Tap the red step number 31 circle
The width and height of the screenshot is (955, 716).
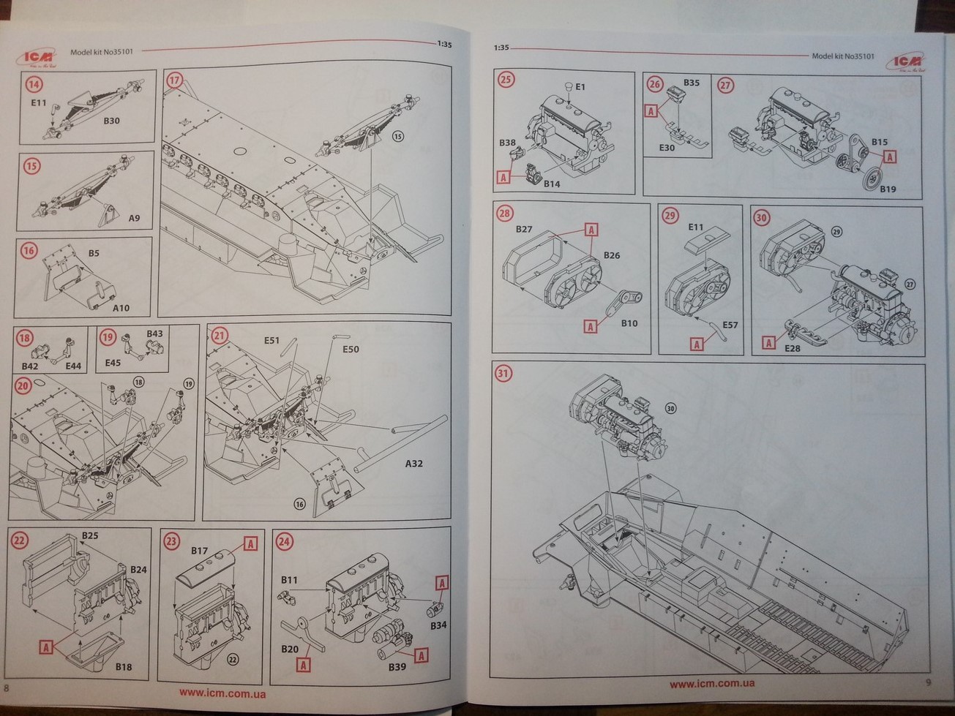click(x=503, y=374)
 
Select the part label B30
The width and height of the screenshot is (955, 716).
click(x=111, y=121)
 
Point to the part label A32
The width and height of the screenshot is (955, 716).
click(x=413, y=464)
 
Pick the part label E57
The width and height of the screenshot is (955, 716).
click(x=730, y=325)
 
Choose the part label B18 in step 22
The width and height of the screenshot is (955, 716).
click(x=123, y=666)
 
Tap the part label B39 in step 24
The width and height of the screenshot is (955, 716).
click(x=397, y=667)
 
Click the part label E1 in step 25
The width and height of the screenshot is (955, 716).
click(x=580, y=87)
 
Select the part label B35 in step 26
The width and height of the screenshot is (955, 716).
click(x=691, y=83)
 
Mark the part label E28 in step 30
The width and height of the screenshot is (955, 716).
click(x=792, y=348)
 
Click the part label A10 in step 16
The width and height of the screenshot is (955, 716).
click(x=121, y=308)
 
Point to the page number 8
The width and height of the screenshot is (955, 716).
click(x=7, y=688)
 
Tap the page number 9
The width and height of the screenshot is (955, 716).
click(x=928, y=683)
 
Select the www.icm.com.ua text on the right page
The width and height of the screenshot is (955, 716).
click(x=712, y=684)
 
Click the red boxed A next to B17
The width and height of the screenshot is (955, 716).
click(x=250, y=543)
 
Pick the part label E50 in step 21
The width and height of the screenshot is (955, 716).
click(x=351, y=350)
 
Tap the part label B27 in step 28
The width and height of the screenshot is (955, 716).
click(x=524, y=229)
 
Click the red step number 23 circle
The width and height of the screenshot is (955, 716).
click(x=171, y=541)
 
